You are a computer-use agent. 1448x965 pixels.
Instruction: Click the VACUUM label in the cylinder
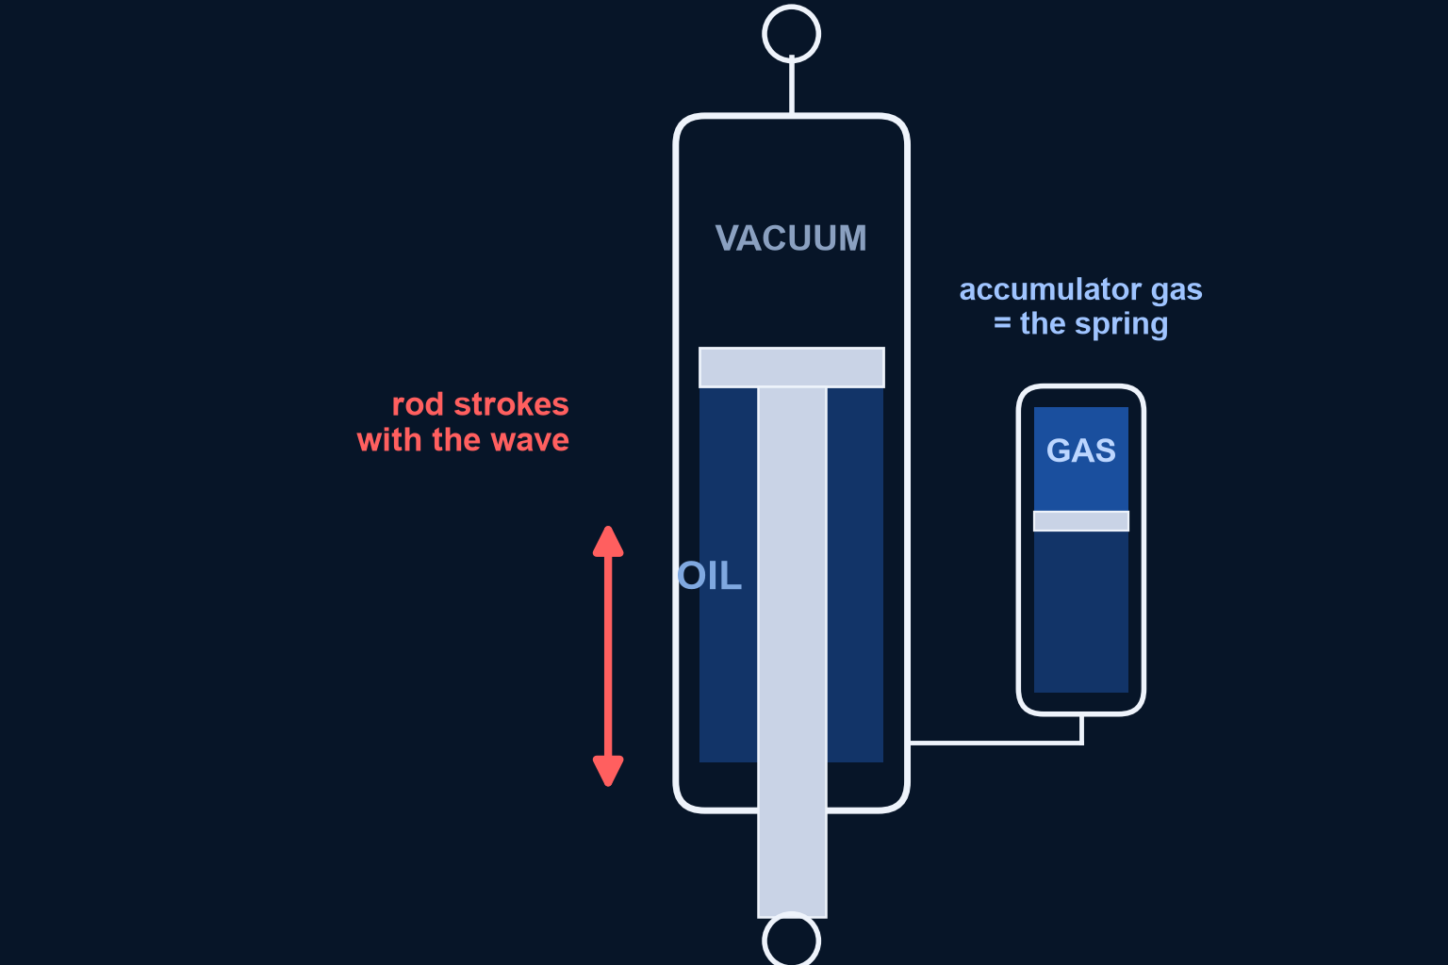point(791,237)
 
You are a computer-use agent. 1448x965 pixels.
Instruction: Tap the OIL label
point(709,575)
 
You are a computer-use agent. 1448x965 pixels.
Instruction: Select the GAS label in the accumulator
point(1081,450)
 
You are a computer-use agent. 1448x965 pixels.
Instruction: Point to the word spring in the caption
point(1121,324)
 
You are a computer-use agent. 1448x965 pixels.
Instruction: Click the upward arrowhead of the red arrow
point(608,541)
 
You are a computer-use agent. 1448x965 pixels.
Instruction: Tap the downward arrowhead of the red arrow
point(608,771)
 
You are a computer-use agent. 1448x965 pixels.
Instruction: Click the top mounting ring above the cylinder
point(791,7)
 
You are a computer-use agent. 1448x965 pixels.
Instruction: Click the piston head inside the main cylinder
point(791,368)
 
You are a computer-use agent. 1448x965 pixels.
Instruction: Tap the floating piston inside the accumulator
point(1081,521)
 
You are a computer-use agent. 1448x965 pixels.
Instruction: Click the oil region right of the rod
point(855,575)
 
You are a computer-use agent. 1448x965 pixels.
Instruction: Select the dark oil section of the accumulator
point(1081,612)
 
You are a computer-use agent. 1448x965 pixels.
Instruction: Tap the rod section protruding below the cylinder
point(792,864)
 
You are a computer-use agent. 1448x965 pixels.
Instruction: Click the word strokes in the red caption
point(511,404)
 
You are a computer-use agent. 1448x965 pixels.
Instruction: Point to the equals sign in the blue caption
point(1002,323)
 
